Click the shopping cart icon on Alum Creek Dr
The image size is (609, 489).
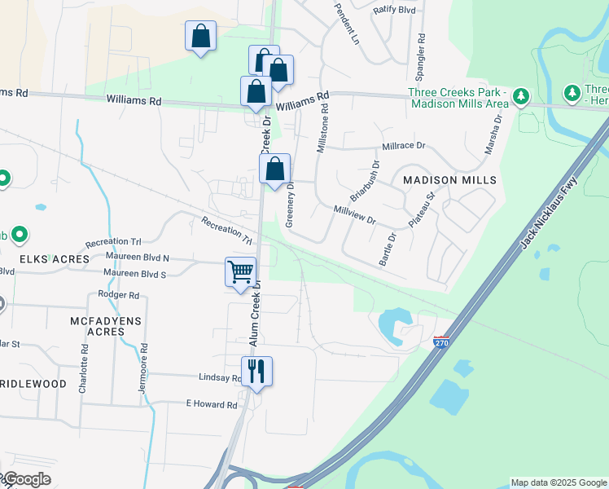click(x=241, y=271)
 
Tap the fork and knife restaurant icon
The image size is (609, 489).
click(x=256, y=371)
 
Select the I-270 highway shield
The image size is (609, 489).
click(x=441, y=342)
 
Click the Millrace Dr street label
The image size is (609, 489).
click(x=399, y=147)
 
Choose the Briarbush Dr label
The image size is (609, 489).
click(x=365, y=182)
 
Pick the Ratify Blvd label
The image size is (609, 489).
click(x=394, y=10)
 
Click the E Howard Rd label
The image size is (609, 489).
click(x=211, y=404)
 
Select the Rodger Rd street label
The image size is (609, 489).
click(x=118, y=294)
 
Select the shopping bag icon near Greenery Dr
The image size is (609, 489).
click(x=275, y=169)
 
